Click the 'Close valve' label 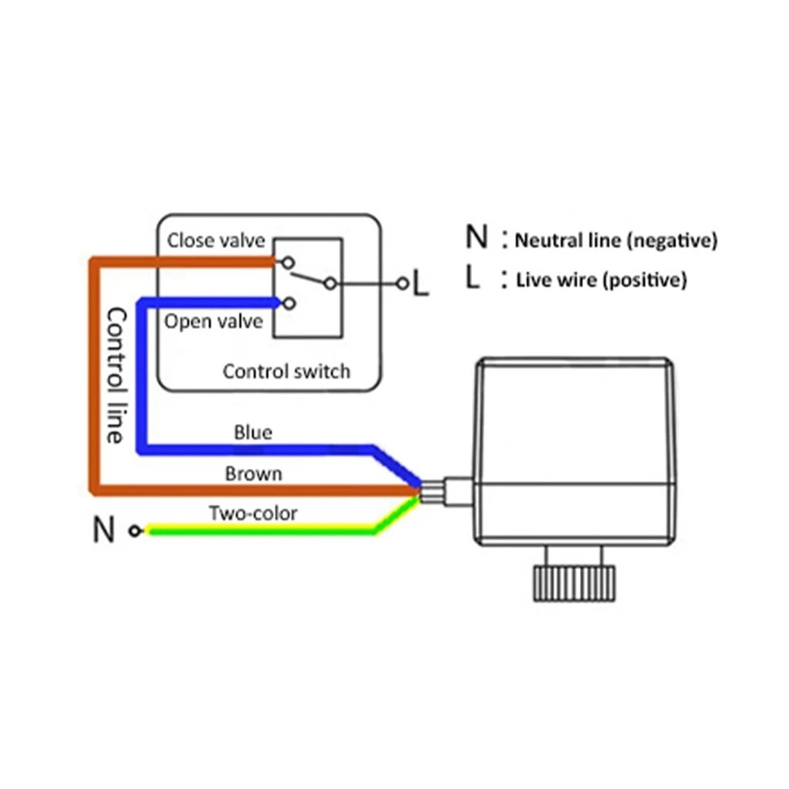216,241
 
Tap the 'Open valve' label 214,322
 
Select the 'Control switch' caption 287,371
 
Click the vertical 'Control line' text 116,375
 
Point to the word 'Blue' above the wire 253,432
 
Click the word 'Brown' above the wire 253,474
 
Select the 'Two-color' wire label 253,513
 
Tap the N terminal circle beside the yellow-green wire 135,531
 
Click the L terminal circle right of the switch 403,284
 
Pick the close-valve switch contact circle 288,262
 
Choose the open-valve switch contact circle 289,303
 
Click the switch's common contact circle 330,284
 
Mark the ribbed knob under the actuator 574,584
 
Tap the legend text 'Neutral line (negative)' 616,241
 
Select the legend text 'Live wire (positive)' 601,280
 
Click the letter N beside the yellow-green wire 104,530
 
